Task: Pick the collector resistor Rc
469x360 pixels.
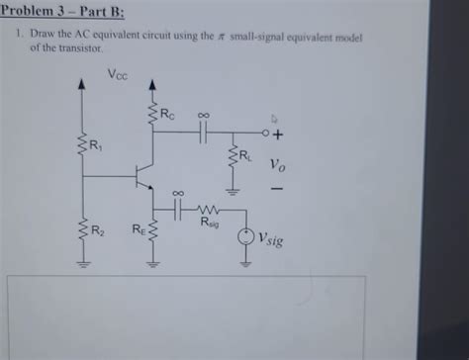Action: coord(152,115)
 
